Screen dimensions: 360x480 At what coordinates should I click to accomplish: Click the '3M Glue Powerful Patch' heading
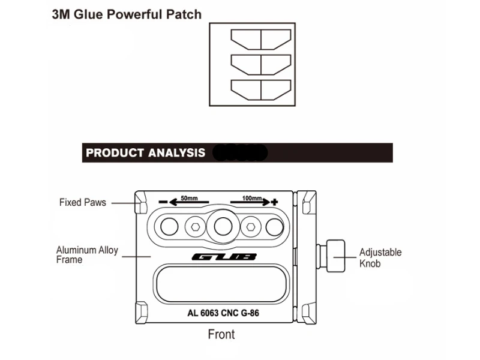[126, 14]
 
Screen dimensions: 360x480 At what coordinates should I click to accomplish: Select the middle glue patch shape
[261, 64]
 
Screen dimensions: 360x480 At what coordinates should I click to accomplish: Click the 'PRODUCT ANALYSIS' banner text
[145, 153]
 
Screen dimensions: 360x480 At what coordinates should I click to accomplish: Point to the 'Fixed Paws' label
[82, 202]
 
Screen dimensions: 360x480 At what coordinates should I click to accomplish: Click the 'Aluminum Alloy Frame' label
[87, 255]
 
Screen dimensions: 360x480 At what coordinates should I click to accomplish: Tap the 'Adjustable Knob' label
[380, 258]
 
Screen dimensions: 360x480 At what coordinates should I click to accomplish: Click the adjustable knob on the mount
[336, 256]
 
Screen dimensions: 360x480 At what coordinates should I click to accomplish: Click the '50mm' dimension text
[189, 197]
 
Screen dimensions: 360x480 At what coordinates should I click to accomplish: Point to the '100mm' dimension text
[252, 197]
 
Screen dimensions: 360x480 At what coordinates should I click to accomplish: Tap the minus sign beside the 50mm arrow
[162, 202]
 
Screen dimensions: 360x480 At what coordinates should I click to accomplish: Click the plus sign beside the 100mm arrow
[275, 202]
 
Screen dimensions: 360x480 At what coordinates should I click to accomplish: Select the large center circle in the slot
[223, 226]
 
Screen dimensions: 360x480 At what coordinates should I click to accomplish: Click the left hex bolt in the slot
[194, 226]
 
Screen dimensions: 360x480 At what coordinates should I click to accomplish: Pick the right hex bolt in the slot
[251, 226]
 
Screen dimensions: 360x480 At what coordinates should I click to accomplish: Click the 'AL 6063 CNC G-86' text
[223, 313]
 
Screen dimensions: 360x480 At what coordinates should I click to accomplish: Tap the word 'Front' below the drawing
[221, 334]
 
